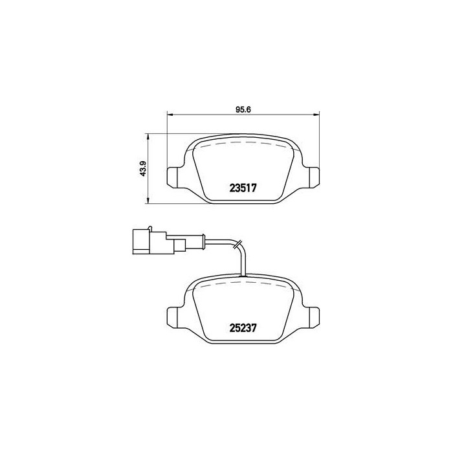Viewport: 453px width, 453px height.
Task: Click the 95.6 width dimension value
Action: click(x=242, y=109)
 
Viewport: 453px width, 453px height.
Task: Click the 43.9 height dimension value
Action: click(x=144, y=170)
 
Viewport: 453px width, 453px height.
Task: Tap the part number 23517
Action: click(x=244, y=189)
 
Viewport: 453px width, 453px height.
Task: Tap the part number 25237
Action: click(x=244, y=327)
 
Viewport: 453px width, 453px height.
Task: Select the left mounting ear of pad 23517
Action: click(x=175, y=177)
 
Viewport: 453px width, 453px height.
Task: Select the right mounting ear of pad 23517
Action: click(x=313, y=177)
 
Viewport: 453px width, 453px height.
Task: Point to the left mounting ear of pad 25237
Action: click(x=175, y=315)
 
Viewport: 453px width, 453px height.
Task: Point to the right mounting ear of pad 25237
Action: click(x=313, y=315)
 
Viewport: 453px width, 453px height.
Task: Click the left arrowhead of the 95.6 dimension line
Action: click(x=170, y=115)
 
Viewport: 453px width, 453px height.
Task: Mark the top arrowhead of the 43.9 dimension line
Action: click(x=149, y=137)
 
